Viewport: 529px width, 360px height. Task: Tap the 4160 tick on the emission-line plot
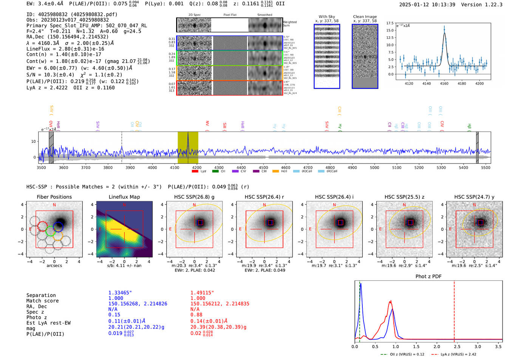(x=444, y=83)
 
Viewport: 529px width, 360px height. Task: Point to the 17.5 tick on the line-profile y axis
(x=390, y=23)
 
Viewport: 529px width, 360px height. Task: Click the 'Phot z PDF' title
(x=428, y=277)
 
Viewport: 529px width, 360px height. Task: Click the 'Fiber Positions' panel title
(x=54, y=197)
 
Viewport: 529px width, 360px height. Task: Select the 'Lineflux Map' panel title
(x=124, y=197)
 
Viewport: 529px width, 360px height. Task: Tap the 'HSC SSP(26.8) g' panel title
(x=194, y=197)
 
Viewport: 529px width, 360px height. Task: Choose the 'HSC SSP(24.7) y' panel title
(x=474, y=197)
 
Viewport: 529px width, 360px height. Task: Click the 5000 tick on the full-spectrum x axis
(x=374, y=167)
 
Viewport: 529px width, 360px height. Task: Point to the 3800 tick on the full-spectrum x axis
(x=108, y=167)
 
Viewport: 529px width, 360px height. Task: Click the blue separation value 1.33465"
(x=120, y=293)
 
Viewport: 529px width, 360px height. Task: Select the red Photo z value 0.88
(x=196, y=315)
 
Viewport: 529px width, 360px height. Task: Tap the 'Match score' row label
(x=42, y=301)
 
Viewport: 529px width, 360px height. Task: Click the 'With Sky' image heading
(x=326, y=17)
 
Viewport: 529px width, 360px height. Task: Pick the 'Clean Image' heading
(x=365, y=17)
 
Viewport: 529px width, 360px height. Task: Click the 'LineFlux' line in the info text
(x=65, y=49)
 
